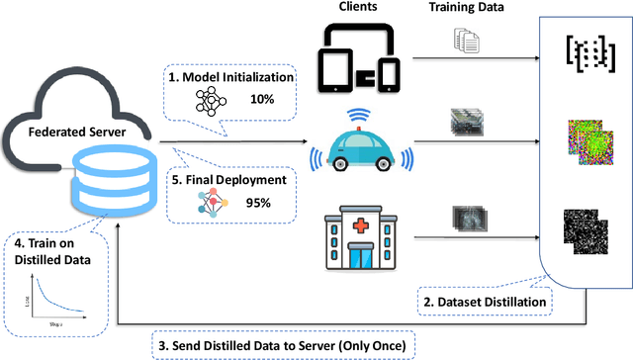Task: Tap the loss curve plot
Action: [x=46, y=289]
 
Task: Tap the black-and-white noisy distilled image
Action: [x=581, y=233]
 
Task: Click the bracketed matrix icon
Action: [x=583, y=51]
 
